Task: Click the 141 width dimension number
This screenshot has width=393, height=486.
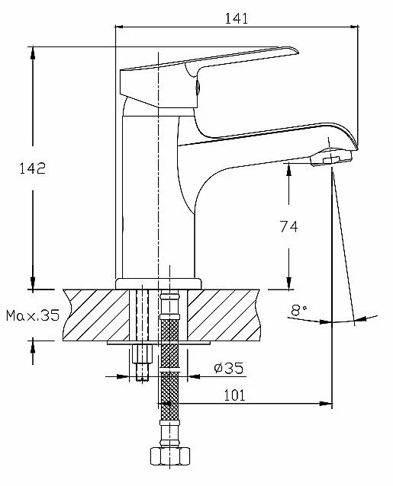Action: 237,18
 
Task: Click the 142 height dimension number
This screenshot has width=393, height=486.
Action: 33,168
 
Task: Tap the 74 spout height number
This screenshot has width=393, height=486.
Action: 288,226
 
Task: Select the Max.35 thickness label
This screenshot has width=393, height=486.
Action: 33,315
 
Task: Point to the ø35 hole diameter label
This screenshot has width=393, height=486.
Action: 229,368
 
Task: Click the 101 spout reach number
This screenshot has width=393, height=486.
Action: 234,395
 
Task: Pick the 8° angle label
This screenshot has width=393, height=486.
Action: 299,310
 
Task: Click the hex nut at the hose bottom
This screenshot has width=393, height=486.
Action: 170,456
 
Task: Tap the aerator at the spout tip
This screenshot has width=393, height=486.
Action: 331,157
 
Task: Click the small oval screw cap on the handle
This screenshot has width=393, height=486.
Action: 197,87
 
